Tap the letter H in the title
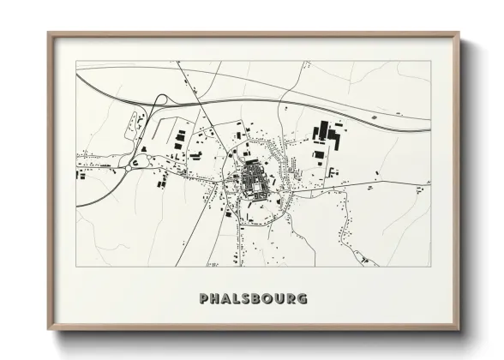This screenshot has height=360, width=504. point(215,299)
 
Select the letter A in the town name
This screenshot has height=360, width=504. point(227,299)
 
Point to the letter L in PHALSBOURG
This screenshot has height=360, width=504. point(238,299)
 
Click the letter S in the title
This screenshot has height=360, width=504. point(248,299)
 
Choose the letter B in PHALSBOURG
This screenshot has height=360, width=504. point(258,299)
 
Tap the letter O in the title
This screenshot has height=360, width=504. point(270,299)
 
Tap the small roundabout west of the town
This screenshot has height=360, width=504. point(136,160)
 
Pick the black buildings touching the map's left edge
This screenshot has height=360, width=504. point(80,175)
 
